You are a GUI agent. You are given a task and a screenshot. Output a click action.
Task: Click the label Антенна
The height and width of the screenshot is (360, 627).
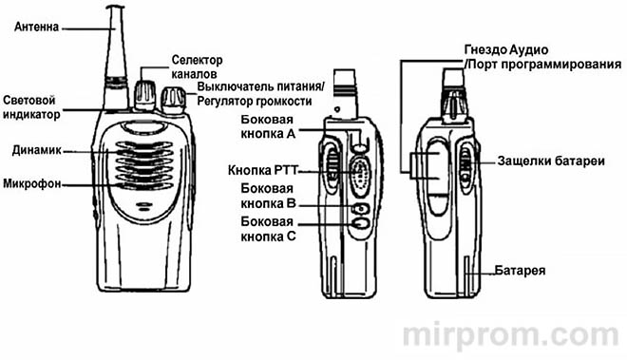pyautogui.click(x=35, y=27)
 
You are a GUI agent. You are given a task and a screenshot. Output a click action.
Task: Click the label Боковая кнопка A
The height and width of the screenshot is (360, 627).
pyautogui.click(x=269, y=129)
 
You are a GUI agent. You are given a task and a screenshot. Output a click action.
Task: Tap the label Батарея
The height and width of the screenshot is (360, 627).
pyautogui.click(x=521, y=270)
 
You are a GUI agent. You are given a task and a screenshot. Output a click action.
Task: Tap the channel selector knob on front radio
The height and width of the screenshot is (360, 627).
pyautogui.click(x=145, y=91)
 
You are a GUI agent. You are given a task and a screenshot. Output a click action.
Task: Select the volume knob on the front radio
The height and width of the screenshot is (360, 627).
pyautogui.click(x=174, y=97)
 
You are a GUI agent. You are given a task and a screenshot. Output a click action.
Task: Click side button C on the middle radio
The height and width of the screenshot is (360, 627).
pyautogui.click(x=361, y=225)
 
